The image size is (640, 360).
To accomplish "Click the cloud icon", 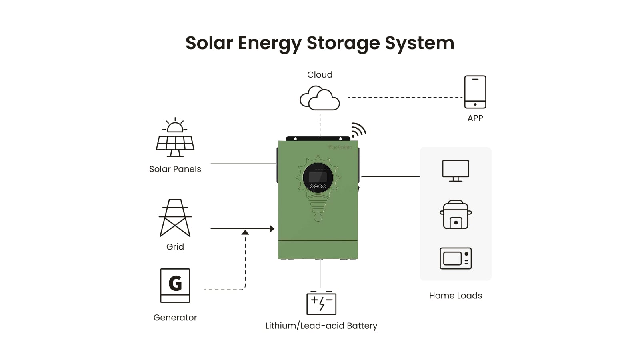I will (320, 98).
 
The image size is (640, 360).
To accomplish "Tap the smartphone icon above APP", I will (475, 92).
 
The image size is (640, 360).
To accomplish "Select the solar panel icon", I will (175, 138).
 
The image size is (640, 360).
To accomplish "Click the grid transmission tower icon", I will (175, 218).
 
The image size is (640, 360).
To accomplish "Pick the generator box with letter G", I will (175, 285).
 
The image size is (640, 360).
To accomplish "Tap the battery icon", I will (321, 303).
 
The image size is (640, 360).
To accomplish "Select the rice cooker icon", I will (456, 215).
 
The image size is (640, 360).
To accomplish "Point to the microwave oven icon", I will (456, 258).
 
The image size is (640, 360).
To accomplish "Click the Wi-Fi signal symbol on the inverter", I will (358, 130).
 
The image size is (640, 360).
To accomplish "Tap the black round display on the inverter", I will (318, 178).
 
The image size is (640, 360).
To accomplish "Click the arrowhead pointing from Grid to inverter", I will (272, 229).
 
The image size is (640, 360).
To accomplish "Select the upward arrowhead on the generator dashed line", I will (245, 232).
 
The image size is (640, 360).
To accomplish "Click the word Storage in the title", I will (343, 43).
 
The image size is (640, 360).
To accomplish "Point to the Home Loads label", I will (455, 296).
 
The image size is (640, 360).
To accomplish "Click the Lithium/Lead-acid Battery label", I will (321, 326).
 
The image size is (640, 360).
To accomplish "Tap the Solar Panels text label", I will (175, 169).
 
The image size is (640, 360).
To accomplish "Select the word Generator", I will (175, 318).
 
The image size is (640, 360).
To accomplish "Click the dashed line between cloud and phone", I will (405, 97).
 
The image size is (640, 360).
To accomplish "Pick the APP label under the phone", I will (475, 118).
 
